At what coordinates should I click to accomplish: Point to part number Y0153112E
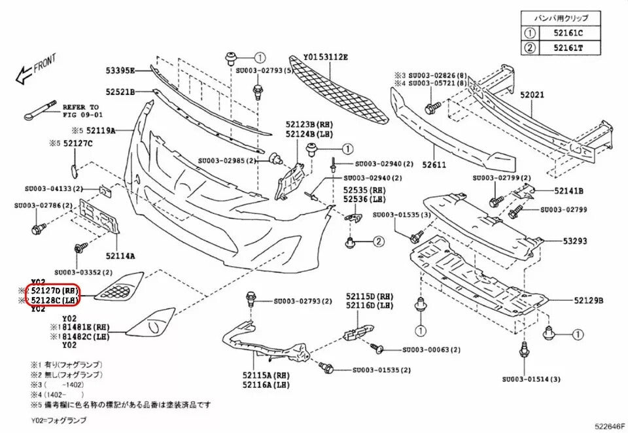click(x=326, y=57)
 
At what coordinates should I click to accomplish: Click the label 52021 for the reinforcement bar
click(x=532, y=95)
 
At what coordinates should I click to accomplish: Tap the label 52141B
click(x=568, y=191)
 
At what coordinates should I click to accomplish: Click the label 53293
click(x=575, y=241)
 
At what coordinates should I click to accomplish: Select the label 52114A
click(x=121, y=256)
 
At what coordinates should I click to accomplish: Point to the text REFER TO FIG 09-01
click(x=80, y=111)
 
